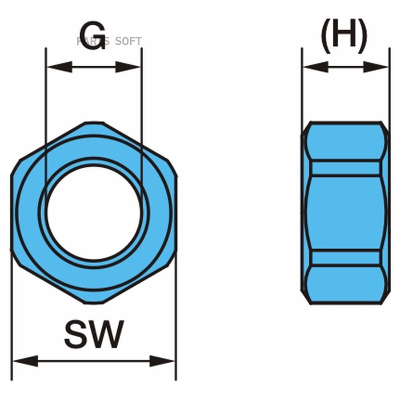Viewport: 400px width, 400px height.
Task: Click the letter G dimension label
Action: pos(92,35)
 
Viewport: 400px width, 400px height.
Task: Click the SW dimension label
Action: pos(94,335)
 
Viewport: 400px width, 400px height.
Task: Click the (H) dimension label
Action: pos(344,34)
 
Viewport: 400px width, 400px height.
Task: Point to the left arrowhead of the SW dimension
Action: pos(25,361)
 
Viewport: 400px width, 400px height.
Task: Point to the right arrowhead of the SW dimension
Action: pos(162,361)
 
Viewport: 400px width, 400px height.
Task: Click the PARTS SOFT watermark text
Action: pos(109,41)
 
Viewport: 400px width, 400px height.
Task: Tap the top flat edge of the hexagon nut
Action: pos(94,123)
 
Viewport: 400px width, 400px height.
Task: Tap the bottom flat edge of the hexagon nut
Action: pos(94,303)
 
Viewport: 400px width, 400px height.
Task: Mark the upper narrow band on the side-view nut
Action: pos(345,168)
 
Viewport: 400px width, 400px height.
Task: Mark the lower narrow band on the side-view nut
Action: pos(345,258)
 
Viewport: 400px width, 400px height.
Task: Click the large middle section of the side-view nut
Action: pos(345,212)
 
